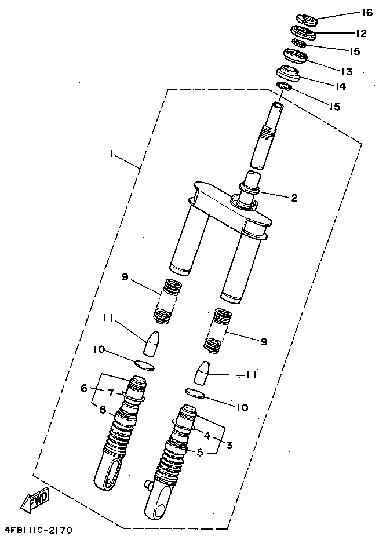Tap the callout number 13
[347, 71]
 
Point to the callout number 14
[341, 86]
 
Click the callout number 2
[294, 198]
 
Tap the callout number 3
[229, 445]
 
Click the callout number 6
[83, 387]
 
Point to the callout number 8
[102, 410]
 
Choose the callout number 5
[200, 452]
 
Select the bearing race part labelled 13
[296, 56]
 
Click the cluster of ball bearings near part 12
[300, 43]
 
